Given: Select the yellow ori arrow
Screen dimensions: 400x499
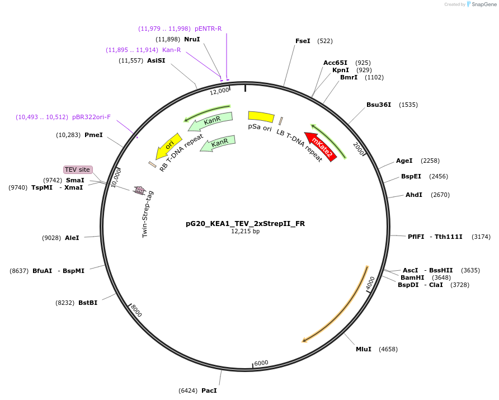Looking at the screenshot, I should [x=169, y=145].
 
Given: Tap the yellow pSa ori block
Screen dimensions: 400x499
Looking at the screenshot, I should [x=261, y=116].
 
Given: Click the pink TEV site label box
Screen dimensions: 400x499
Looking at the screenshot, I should [x=77, y=170].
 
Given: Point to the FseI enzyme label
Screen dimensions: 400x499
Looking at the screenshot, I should [x=303, y=41].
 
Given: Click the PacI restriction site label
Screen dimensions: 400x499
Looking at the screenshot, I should [x=209, y=390].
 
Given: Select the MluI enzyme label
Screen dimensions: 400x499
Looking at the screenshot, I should [x=364, y=349].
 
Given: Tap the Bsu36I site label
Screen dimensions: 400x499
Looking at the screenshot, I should [x=379, y=105].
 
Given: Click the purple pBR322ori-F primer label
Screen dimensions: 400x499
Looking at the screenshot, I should [x=91, y=117].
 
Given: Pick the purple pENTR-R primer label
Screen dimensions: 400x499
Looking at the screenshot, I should [x=208, y=29].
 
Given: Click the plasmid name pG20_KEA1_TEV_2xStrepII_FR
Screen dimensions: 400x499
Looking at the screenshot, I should [x=245, y=223].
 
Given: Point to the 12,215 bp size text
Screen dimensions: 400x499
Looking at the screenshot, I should [x=245, y=231].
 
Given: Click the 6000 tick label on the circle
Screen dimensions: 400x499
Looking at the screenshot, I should [x=261, y=363].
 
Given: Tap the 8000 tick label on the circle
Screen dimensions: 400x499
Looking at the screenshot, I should [x=136, y=310].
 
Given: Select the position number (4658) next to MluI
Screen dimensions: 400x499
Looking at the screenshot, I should [x=388, y=349].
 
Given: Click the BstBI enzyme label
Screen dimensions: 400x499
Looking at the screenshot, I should [x=88, y=303].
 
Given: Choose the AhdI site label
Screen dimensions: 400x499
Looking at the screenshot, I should [x=414, y=195].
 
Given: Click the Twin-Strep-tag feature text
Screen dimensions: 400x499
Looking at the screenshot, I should [x=148, y=214].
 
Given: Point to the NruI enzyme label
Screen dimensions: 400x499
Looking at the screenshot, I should [x=192, y=39].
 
